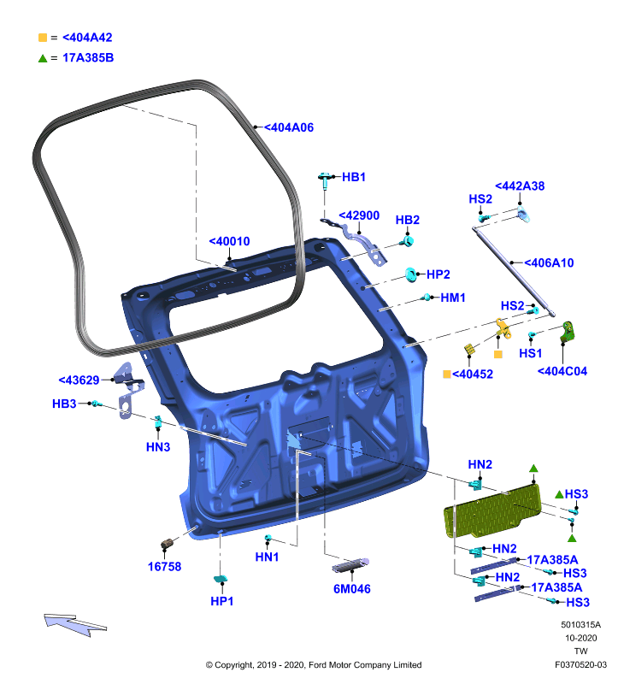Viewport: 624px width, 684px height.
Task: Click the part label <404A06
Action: (x=289, y=127)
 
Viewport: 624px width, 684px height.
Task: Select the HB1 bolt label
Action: (x=354, y=177)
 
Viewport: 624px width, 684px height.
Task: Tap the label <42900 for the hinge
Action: (x=359, y=215)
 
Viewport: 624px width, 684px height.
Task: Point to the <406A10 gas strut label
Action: (x=549, y=263)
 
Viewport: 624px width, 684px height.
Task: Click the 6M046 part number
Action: (x=352, y=589)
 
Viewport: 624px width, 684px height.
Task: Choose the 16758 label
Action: (x=164, y=567)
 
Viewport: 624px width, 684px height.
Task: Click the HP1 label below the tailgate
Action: (x=222, y=601)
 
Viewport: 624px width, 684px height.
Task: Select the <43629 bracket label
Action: (x=79, y=380)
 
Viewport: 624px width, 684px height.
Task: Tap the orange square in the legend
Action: (x=43, y=38)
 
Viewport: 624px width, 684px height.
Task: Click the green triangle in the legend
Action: (x=43, y=58)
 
